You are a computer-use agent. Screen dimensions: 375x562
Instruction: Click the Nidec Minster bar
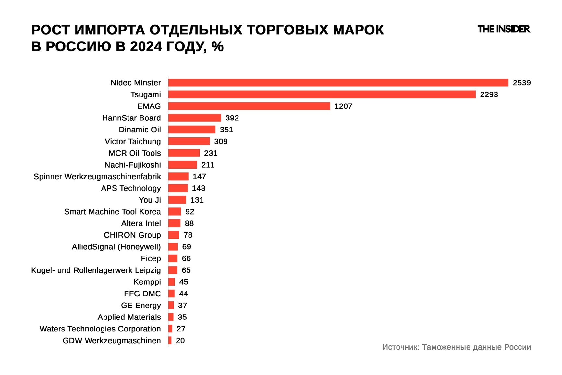click(x=338, y=83)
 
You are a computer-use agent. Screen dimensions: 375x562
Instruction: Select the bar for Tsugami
click(x=322, y=94)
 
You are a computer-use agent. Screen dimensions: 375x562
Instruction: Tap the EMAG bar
click(x=249, y=106)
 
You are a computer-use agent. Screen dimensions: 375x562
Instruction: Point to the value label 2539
click(x=521, y=83)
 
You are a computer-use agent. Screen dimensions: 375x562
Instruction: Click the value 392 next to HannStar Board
click(x=232, y=118)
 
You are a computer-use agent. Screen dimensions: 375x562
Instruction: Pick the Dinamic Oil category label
click(x=140, y=130)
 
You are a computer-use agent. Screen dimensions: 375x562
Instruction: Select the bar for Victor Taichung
click(x=189, y=141)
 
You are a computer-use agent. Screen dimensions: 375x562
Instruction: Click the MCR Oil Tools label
click(x=134, y=153)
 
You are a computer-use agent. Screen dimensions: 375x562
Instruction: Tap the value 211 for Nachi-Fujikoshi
click(x=208, y=165)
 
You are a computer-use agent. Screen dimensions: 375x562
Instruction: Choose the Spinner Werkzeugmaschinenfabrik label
click(x=97, y=176)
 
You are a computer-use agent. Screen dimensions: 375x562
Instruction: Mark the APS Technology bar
click(x=178, y=188)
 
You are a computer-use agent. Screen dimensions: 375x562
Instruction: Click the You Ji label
click(x=150, y=200)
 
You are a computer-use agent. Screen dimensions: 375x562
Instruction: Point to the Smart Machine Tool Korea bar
click(x=175, y=212)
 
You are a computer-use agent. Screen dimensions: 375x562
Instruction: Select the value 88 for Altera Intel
click(x=189, y=223)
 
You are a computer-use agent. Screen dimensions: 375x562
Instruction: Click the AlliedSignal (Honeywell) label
click(x=116, y=247)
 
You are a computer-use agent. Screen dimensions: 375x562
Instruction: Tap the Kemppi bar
click(x=172, y=282)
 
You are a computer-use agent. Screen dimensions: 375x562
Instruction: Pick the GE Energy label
click(x=141, y=305)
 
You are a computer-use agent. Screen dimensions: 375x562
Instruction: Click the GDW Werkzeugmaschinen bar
click(x=170, y=341)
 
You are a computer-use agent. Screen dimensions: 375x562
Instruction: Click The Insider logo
click(x=504, y=29)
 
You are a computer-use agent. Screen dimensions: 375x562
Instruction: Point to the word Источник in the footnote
click(x=400, y=347)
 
